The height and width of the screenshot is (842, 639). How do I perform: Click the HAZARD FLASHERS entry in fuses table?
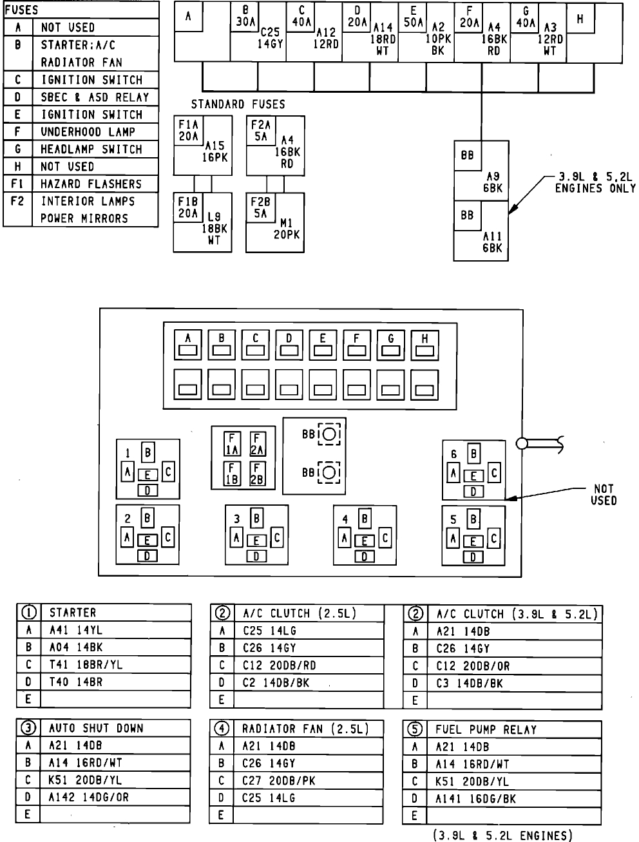click(x=91, y=184)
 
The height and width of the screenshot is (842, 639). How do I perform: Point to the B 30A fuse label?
click(x=245, y=16)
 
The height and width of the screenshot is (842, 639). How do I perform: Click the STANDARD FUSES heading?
click(x=238, y=104)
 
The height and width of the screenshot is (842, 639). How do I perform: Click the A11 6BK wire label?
click(x=492, y=242)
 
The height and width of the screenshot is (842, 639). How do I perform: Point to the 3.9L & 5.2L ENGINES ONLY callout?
click(x=595, y=182)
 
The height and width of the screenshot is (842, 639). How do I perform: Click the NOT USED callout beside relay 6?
click(x=603, y=495)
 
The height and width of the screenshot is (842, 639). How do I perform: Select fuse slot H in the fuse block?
click(x=424, y=345)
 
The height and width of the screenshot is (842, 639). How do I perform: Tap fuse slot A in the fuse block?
click(x=189, y=345)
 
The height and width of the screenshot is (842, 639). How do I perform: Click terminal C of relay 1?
click(x=168, y=472)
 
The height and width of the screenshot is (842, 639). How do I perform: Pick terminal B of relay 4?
click(x=365, y=519)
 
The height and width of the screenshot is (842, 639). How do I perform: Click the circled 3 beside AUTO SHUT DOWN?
click(x=28, y=728)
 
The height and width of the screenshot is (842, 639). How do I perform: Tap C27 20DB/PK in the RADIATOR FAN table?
click(x=279, y=781)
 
